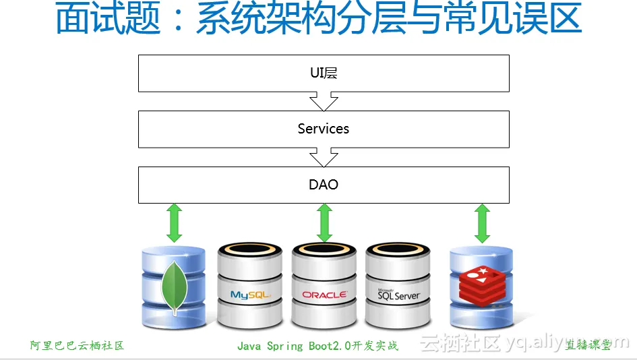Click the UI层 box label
pos(324,73)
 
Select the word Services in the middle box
pos(324,129)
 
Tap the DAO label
pos(324,185)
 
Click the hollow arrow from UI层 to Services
pos(324,102)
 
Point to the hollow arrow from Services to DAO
pos(324,158)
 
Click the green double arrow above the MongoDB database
pos(175,222)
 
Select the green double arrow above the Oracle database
pos(324,222)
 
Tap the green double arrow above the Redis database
pos(481,222)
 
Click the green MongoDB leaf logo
pos(175,287)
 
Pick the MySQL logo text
pos(250,295)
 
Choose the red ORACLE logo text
pos(324,295)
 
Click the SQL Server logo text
pos(398,295)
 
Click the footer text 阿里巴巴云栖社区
pos(78,346)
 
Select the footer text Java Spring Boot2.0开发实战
pos(317,346)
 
